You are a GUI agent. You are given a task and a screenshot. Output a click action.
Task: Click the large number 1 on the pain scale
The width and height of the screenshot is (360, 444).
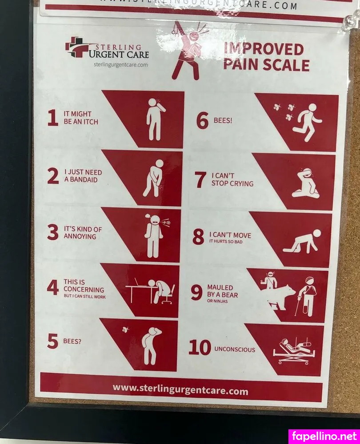53,118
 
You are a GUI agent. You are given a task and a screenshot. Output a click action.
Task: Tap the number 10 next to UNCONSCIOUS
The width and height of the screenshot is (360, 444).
200,347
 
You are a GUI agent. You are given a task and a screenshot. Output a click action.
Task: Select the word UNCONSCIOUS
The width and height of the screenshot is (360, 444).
235,349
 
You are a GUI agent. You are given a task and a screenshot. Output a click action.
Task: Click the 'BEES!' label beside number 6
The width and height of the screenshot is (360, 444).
223,120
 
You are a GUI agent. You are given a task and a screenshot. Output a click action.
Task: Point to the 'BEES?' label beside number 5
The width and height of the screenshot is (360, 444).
72,341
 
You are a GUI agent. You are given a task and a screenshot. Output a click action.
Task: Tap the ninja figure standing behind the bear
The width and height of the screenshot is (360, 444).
270,280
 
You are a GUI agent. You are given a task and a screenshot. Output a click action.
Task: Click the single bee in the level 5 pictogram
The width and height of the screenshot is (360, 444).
125,329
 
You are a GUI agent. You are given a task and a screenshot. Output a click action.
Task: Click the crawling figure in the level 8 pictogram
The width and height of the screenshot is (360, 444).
302,242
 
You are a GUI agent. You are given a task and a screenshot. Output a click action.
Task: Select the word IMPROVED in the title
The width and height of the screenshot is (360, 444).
264,49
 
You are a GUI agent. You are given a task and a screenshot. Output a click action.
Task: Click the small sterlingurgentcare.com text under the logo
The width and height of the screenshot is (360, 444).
121,64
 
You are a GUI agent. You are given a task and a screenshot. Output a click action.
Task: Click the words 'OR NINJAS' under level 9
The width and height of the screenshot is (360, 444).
217,301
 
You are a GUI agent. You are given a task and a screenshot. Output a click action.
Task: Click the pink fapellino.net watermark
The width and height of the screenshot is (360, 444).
324,436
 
